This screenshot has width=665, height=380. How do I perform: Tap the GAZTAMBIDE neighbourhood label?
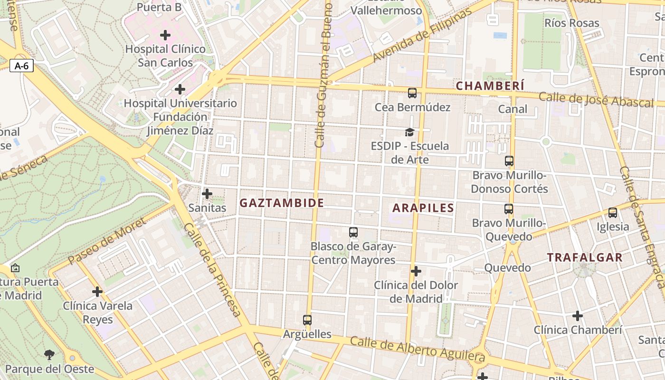click(x=282, y=203)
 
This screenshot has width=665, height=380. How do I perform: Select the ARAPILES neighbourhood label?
click(x=423, y=208)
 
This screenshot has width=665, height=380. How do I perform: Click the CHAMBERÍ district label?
click(x=490, y=86)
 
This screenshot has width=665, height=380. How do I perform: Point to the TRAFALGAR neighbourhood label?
click(x=584, y=258)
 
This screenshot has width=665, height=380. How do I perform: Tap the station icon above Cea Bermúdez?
click(x=412, y=93)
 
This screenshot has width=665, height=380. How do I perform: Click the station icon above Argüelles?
click(x=307, y=320)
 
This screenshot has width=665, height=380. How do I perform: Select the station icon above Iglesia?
click(x=613, y=213)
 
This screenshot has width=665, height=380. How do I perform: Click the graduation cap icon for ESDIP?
click(x=409, y=132)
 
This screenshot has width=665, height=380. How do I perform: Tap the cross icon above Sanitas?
click(x=207, y=194)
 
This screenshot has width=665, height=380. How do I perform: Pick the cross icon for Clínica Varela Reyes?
click(x=97, y=292)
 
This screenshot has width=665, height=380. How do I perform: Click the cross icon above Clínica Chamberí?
click(x=578, y=316)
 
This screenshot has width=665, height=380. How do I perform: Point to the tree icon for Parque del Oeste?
click(x=48, y=354)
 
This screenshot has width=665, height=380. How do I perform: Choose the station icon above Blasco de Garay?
click(x=353, y=232)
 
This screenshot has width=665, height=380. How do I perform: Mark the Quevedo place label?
click(x=507, y=268)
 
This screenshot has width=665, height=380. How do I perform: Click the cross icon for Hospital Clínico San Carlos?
click(x=165, y=35)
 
